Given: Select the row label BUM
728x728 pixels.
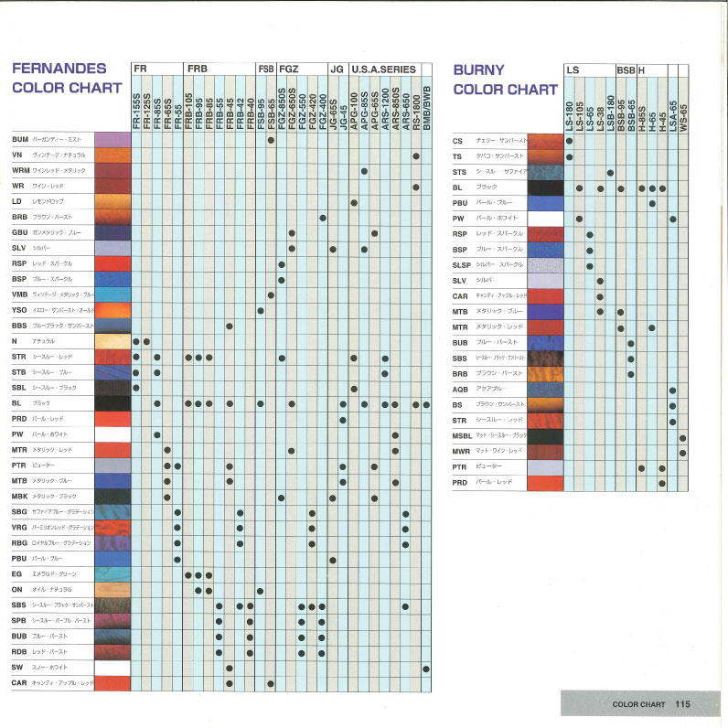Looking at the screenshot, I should point(20,140).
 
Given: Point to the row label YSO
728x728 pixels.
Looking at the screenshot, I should point(20,310).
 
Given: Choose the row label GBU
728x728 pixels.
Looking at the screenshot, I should point(19,232).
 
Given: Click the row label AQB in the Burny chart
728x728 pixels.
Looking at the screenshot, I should point(460,389).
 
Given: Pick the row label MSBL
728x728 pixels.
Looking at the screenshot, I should point(462,436).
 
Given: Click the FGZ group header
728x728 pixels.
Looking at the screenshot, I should point(289,69).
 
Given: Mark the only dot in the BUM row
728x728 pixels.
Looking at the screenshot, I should point(271,140).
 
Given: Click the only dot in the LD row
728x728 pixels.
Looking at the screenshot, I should point(353,202).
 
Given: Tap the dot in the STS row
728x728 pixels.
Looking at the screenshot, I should point(610,172).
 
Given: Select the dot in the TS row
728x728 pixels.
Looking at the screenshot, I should point(569,156).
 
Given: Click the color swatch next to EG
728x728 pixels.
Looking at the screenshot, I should point(113,574).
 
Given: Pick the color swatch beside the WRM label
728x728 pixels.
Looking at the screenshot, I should point(113,171).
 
